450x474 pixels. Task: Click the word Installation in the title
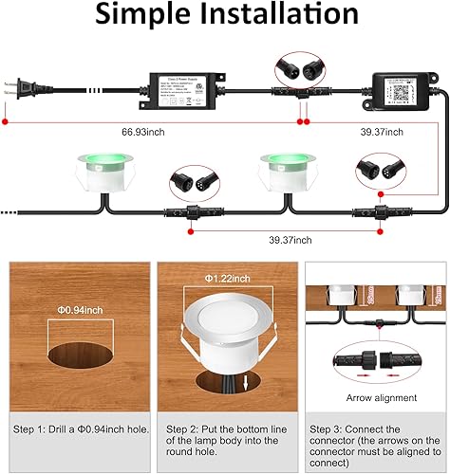276,16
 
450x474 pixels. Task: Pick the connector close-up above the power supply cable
294,68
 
